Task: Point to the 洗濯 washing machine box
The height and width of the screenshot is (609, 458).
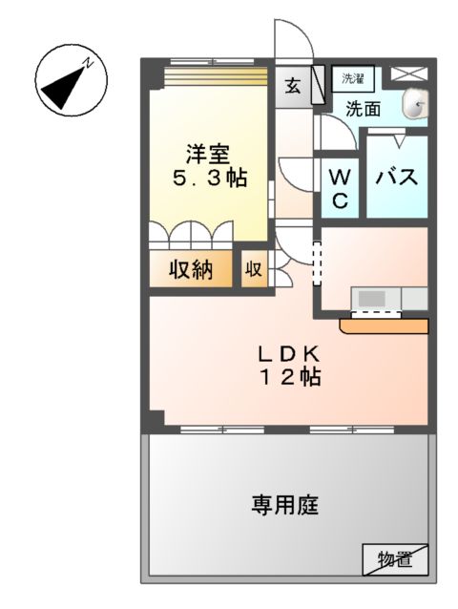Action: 353,77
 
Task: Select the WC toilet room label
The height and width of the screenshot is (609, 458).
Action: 341,189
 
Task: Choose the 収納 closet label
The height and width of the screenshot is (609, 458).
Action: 191,270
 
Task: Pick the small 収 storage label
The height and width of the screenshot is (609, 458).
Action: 254,270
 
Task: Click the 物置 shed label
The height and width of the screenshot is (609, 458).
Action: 392,559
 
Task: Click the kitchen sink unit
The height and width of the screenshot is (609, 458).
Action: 389,299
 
